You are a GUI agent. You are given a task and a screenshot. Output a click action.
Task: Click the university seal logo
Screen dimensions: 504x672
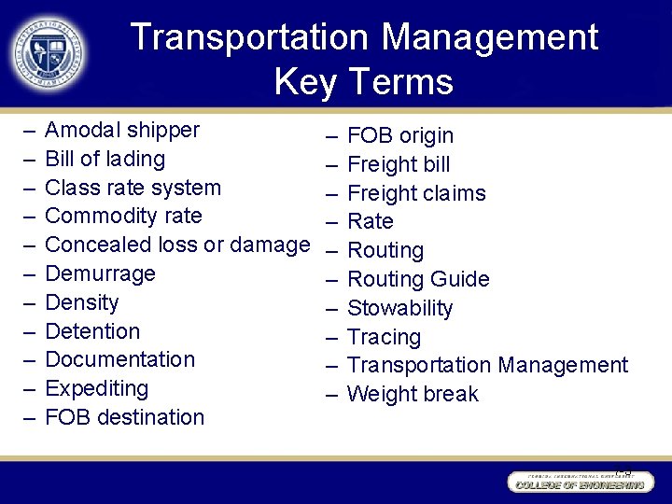click(x=49, y=52)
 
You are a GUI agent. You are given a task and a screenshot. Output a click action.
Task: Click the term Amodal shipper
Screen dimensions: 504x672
click(x=122, y=130)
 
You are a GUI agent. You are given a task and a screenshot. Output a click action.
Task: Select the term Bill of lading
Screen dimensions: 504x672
click(x=105, y=159)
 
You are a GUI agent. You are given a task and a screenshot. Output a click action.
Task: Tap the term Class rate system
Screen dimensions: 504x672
click(x=133, y=188)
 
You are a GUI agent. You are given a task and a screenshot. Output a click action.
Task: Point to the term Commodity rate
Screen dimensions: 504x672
click(x=123, y=216)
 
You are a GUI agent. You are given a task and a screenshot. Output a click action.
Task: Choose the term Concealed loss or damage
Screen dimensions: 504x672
click(x=177, y=245)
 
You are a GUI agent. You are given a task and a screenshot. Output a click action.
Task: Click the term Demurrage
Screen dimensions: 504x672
click(x=100, y=273)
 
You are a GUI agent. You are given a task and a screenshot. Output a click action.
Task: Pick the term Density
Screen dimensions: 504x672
click(x=82, y=302)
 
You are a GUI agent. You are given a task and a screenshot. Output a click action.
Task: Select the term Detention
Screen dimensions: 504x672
click(x=92, y=331)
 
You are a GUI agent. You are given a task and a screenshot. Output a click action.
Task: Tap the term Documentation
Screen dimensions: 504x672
click(x=120, y=359)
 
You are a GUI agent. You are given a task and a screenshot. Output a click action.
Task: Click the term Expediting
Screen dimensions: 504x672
click(x=97, y=388)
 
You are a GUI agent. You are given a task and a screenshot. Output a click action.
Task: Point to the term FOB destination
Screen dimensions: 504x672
click(x=124, y=417)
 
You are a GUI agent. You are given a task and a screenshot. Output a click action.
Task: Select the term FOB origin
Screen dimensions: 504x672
click(x=400, y=136)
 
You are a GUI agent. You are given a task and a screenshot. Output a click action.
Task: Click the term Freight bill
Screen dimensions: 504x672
click(x=399, y=165)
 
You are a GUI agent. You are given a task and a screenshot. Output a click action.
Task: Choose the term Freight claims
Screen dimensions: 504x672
click(x=416, y=193)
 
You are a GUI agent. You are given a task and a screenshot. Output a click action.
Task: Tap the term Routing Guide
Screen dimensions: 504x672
click(x=418, y=279)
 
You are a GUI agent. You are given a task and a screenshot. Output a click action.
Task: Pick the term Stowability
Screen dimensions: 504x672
click(x=399, y=308)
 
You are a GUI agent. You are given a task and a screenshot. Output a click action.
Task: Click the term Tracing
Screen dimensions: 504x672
click(x=384, y=337)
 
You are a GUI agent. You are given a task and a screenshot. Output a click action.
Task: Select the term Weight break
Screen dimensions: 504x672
click(x=413, y=394)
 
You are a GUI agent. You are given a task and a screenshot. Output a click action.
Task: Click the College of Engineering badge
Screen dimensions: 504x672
click(x=578, y=483)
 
